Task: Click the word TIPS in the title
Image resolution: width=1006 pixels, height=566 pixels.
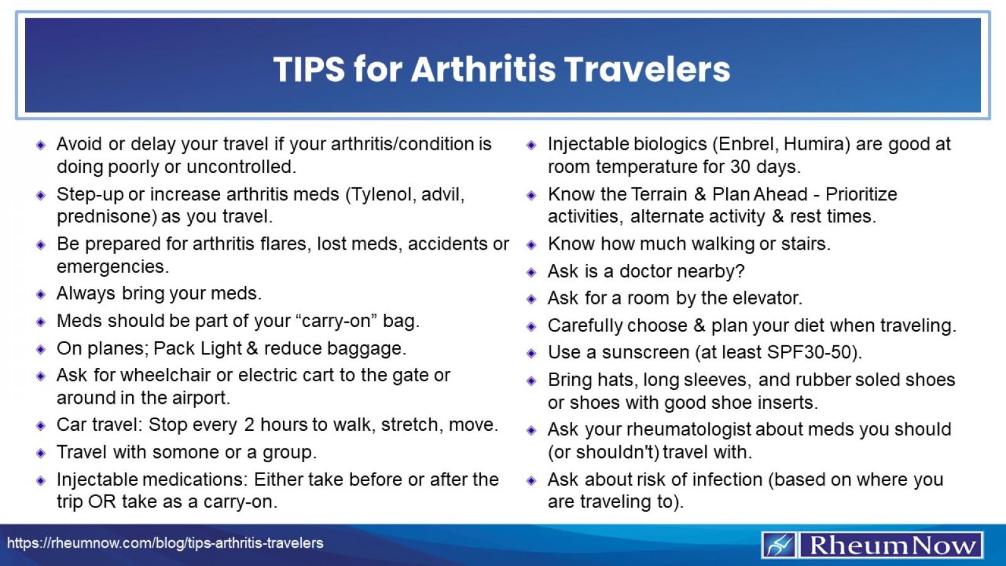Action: tap(309, 69)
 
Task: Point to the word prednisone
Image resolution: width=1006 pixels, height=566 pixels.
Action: tap(106, 217)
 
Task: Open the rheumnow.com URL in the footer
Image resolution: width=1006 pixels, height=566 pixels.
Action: tap(165, 543)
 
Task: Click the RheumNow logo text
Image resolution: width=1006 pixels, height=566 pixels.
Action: tap(891, 545)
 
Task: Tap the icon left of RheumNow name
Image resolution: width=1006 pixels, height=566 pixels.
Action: tap(780, 545)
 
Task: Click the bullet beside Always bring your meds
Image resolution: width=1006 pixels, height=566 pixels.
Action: tap(41, 294)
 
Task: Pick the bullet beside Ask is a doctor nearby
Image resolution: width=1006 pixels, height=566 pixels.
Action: tap(531, 272)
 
